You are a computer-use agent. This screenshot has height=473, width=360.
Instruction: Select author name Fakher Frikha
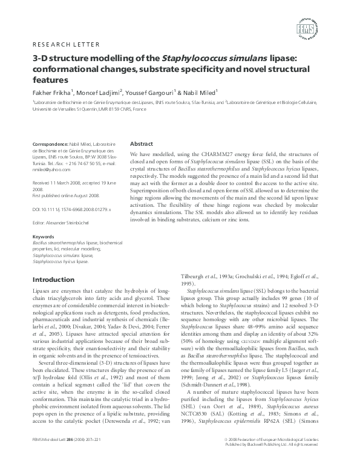click(x=51, y=93)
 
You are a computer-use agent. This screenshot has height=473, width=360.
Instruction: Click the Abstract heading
click(x=142, y=145)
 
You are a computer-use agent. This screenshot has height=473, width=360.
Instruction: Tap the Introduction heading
click(x=53, y=279)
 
